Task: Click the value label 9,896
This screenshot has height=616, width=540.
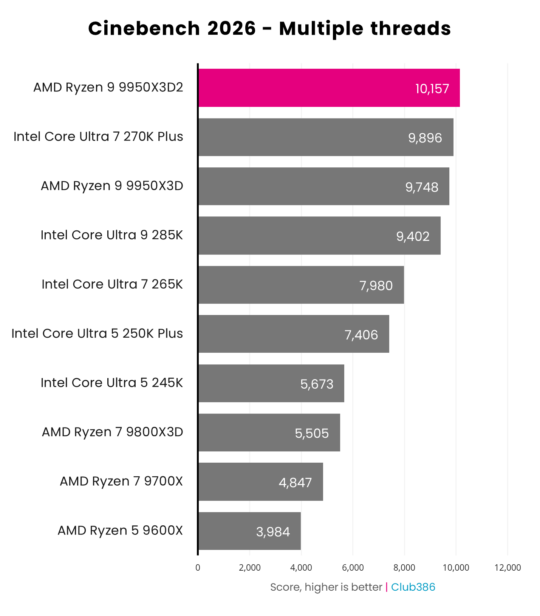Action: (425, 138)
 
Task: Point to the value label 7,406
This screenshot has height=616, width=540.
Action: (361, 335)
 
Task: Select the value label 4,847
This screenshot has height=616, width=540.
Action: (295, 482)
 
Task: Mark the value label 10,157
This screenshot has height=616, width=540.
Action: (432, 89)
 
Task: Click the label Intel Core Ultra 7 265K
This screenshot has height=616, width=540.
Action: (112, 284)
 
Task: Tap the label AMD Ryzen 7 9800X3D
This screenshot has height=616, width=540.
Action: (112, 432)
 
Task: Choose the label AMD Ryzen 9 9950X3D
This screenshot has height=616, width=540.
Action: (112, 186)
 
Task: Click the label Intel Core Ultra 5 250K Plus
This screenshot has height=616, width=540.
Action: (97, 333)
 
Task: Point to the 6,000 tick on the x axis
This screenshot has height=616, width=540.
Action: (353, 568)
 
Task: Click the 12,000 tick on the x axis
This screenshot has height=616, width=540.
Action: (508, 568)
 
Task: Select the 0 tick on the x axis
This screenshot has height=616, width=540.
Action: (198, 568)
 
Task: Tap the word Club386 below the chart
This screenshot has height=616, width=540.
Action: (413, 587)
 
